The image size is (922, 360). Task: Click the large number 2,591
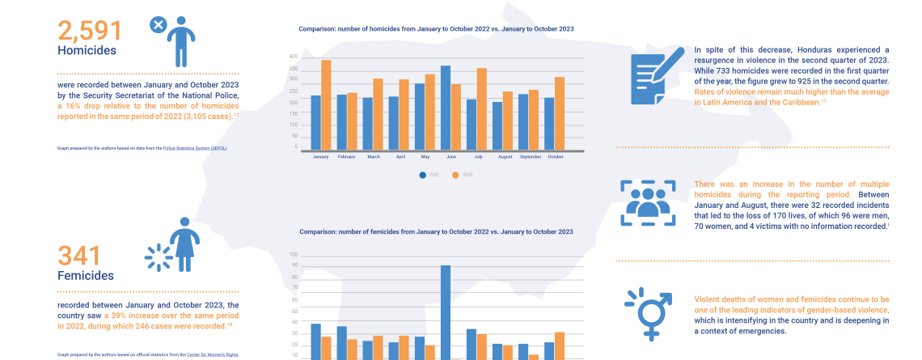(x=90, y=31)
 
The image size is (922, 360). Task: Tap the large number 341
(x=79, y=256)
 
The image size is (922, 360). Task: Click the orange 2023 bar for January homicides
(x=326, y=105)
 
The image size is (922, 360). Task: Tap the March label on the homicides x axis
(x=373, y=156)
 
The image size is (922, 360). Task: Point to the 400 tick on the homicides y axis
(x=293, y=57)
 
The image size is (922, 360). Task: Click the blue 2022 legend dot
(x=422, y=175)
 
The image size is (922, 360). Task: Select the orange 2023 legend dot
(x=455, y=175)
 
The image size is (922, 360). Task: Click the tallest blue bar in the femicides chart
(x=445, y=311)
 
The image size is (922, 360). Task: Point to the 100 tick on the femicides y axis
(x=294, y=255)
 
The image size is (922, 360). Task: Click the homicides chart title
(x=436, y=28)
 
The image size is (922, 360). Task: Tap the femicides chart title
(x=436, y=231)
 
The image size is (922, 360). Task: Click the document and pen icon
(x=658, y=76)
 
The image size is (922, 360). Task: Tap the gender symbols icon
(x=648, y=312)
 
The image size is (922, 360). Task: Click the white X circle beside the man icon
(x=159, y=26)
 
